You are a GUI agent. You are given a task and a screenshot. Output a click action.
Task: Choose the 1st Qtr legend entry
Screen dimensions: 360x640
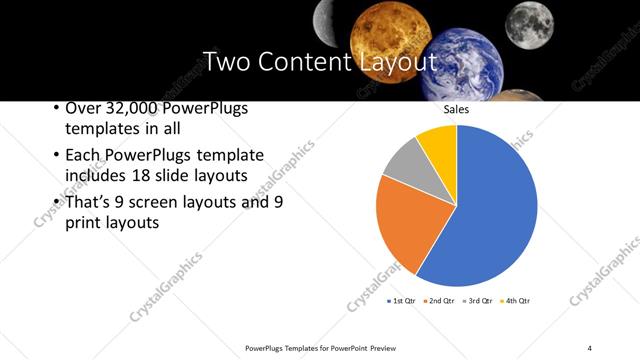pos(401,301)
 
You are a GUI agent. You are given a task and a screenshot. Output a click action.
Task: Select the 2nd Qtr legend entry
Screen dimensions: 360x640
pos(439,301)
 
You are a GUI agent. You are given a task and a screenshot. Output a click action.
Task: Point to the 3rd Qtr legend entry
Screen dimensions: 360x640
pos(477,301)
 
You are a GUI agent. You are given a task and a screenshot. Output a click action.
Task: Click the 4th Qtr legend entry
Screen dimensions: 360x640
pos(515,301)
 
